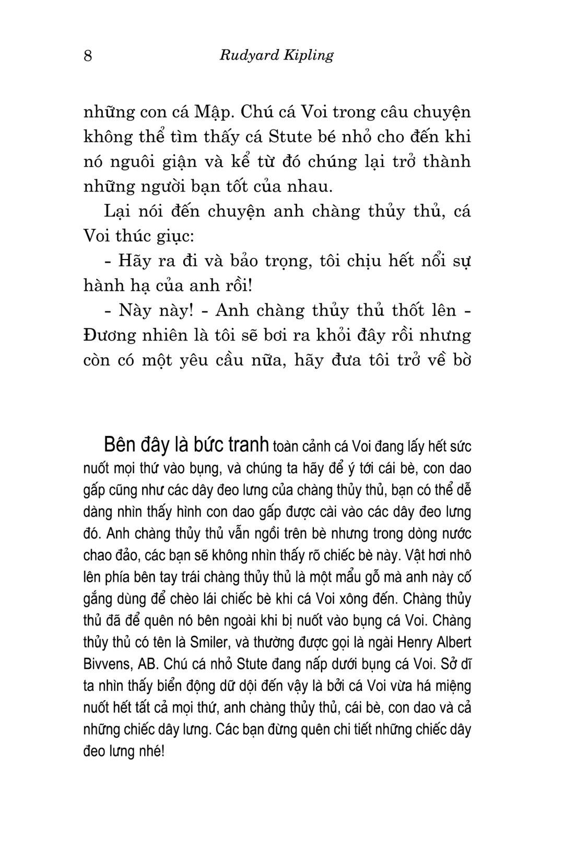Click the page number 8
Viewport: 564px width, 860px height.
[88, 55]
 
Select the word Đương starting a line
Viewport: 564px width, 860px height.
[111, 335]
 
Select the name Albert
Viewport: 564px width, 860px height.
[453, 642]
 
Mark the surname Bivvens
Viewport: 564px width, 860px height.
[106, 664]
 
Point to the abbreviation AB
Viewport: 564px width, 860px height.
[147, 664]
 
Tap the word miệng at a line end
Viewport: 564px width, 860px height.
[452, 686]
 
